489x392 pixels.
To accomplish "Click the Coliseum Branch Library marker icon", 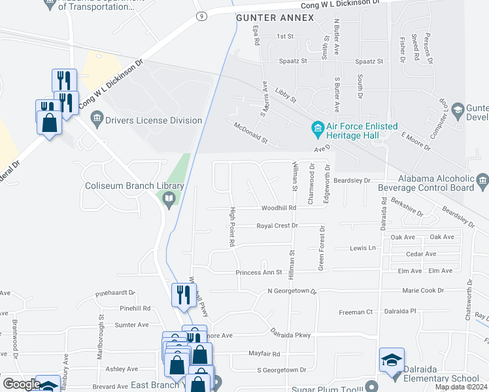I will pyautogui.click(x=169, y=199).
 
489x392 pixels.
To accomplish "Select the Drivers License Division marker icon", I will pyautogui.click(x=97, y=120).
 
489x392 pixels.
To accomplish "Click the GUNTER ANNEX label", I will pyautogui.click(x=275, y=19).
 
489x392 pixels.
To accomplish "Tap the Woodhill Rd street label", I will pyautogui.click(x=279, y=208).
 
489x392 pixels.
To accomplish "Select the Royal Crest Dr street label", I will pyautogui.click(x=277, y=225).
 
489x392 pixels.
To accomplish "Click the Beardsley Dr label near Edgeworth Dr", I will pyautogui.click(x=352, y=180).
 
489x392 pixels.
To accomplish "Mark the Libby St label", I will pyautogui.click(x=286, y=96).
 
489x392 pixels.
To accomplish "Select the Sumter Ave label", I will pyautogui.click(x=131, y=324).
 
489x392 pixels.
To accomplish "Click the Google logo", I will pyautogui.click(x=22, y=384).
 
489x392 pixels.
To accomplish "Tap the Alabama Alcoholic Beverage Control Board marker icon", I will pyautogui.click(x=482, y=179).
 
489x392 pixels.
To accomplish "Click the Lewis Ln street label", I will pyautogui.click(x=363, y=248).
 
